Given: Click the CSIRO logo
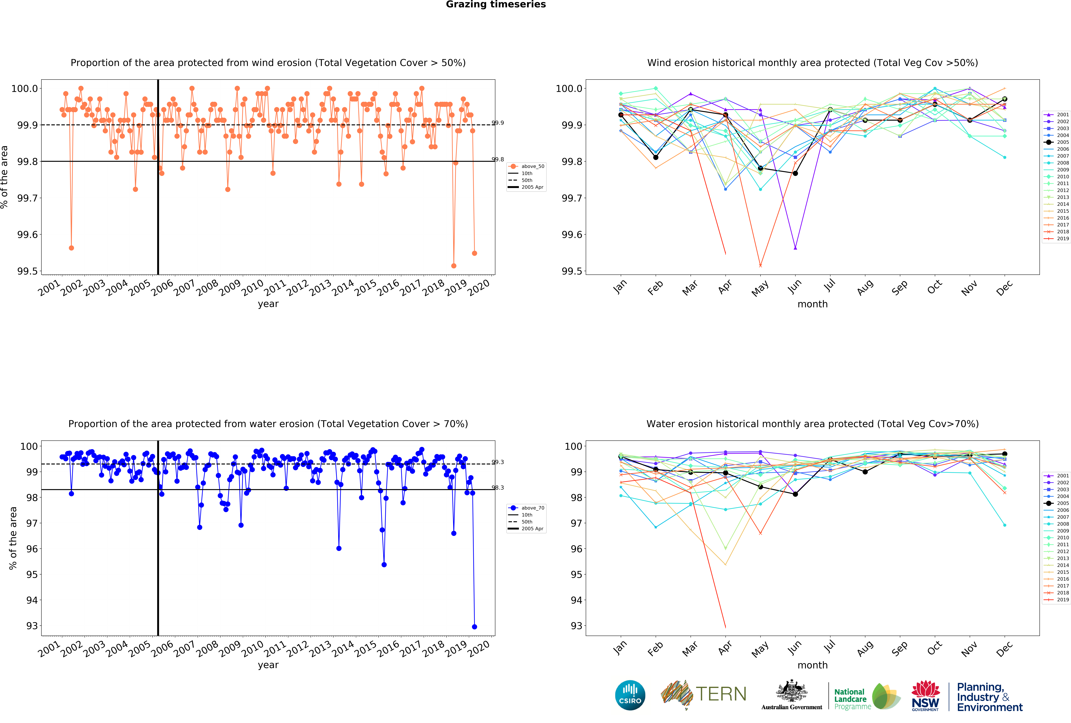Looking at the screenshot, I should tap(630, 695).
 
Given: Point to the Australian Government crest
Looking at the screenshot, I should tap(791, 695).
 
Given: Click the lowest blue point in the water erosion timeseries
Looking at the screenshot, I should tap(475, 627).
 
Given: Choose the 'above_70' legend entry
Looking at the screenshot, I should tap(532, 508).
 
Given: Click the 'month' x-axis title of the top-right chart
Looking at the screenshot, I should tap(812, 304).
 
